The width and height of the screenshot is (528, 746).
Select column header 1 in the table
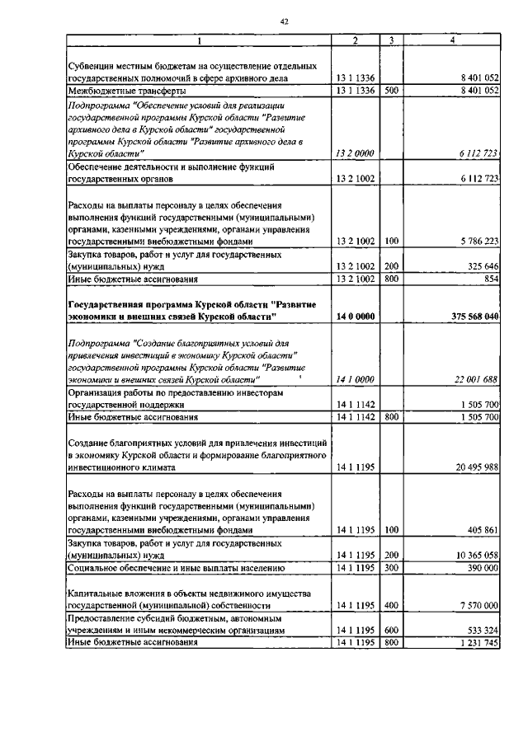pos(198,40)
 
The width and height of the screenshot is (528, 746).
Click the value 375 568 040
pos(469,317)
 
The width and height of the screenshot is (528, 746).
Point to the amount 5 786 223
pos(474,242)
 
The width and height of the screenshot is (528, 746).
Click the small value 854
pos(491,280)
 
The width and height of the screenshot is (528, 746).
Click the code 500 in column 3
pos(391,90)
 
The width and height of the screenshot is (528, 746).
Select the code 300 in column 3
pos(391,569)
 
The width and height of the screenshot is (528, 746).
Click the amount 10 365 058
pos(472,556)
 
